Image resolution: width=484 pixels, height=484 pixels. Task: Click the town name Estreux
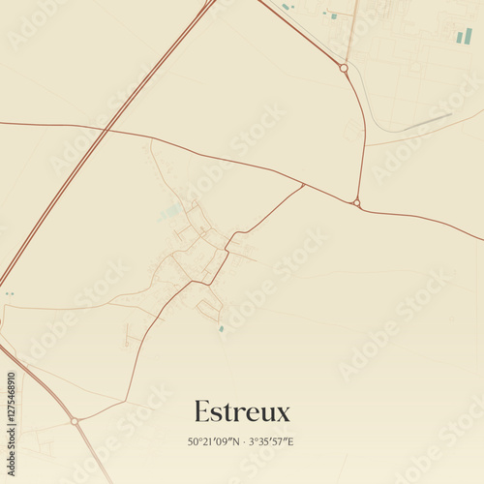[242, 411]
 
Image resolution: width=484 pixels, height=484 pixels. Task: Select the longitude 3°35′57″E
[270, 442]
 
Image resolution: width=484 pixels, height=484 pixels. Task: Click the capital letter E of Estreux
[201, 411]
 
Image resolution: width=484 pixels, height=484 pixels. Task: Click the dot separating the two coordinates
[244, 442]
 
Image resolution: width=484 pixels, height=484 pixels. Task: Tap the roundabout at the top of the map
[343, 68]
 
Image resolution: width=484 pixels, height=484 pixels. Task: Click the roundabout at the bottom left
[75, 421]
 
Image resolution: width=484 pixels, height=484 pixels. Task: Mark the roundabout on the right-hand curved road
[356, 202]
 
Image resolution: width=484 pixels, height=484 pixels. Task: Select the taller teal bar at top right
[469, 36]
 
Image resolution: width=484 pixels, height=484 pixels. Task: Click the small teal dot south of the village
[221, 329]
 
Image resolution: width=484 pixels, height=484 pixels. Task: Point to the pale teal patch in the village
[172, 210]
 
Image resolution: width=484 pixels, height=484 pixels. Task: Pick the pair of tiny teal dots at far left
[9, 293]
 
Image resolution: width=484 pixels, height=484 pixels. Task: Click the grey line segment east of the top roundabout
[427, 122]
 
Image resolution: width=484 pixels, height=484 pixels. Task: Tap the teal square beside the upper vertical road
[333, 15]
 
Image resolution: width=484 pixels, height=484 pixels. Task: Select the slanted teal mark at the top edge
[287, 7]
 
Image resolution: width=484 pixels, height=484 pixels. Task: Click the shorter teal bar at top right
[459, 38]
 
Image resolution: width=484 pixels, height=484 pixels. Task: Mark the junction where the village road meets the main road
[303, 185]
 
